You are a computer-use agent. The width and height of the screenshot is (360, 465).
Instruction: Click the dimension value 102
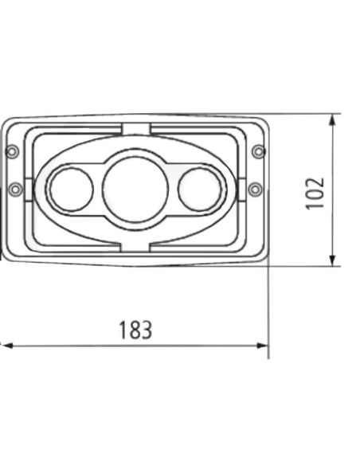point(316,191)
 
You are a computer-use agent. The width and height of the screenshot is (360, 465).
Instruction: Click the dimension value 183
point(135,330)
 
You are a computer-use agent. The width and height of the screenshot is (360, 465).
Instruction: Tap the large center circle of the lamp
point(135,190)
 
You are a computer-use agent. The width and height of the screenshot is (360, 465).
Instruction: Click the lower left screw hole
point(14,189)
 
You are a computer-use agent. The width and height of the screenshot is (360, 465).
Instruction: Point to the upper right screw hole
point(257,151)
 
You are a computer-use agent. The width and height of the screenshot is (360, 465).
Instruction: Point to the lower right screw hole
point(255,189)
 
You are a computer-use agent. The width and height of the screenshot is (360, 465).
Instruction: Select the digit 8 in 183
point(135,330)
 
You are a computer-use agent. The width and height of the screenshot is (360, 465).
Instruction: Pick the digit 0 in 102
point(316,191)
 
